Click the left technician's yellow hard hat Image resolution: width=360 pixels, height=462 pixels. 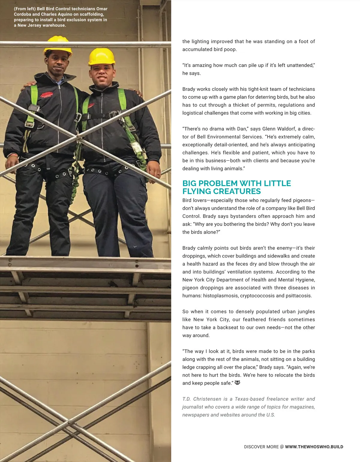tap(58, 44)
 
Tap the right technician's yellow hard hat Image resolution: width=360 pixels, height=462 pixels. tap(102, 56)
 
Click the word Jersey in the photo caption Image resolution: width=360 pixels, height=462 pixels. tap(34, 25)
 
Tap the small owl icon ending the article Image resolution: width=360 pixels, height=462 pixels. tap(237, 383)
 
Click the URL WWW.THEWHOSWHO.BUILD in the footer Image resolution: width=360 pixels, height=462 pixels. tap(314, 447)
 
